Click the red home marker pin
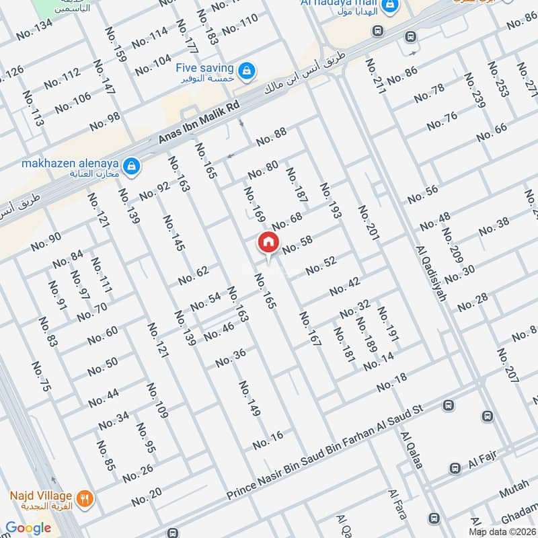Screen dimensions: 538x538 click(268, 243)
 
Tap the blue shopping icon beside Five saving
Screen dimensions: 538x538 click(247, 69)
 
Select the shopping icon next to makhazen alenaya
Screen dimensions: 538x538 click(132, 165)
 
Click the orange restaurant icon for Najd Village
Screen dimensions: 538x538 click(85, 498)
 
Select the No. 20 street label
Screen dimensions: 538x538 click(146, 496)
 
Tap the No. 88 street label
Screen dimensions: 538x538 click(271, 137)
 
